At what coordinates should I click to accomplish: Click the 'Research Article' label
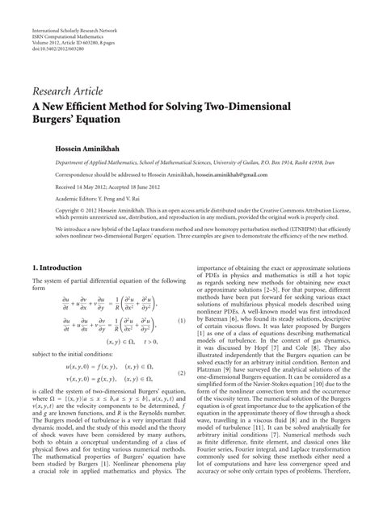69,90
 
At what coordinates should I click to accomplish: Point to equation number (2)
183,374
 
